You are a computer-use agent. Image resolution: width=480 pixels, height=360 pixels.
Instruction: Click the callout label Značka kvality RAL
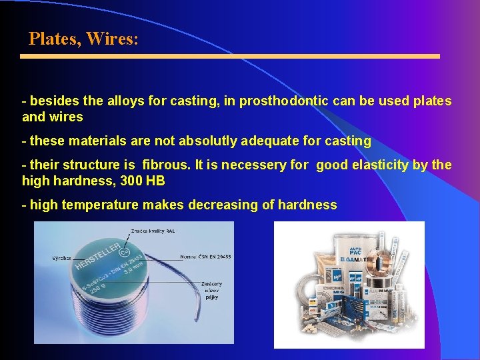click(x=157, y=229)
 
